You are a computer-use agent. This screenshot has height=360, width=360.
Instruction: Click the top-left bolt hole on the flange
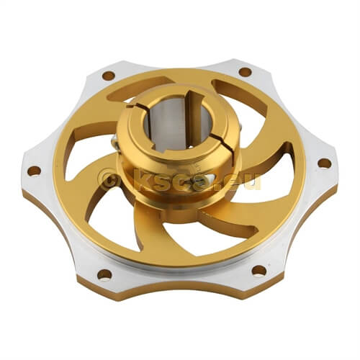pyautogui.click(x=109, y=76)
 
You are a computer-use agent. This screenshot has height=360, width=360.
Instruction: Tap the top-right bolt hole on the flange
pyautogui.click(x=246, y=72)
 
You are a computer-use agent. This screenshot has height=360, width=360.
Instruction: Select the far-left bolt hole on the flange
pyautogui.click(x=34, y=171)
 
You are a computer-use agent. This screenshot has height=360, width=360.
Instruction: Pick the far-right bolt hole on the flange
pyautogui.click(x=325, y=163)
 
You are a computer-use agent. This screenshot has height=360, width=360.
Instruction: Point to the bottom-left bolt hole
pyautogui.click(x=104, y=274)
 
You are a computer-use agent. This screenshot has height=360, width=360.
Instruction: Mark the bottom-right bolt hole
pyautogui.click(x=259, y=271)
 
